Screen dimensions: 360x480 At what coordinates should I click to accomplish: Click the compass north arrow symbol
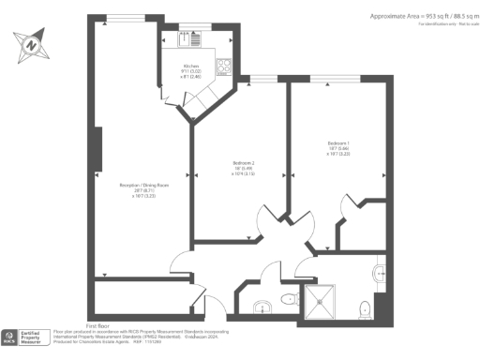click(x=32, y=43)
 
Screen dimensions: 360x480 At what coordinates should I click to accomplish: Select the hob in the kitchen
click(x=224, y=67)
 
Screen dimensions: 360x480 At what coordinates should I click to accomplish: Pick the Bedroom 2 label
click(x=242, y=167)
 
